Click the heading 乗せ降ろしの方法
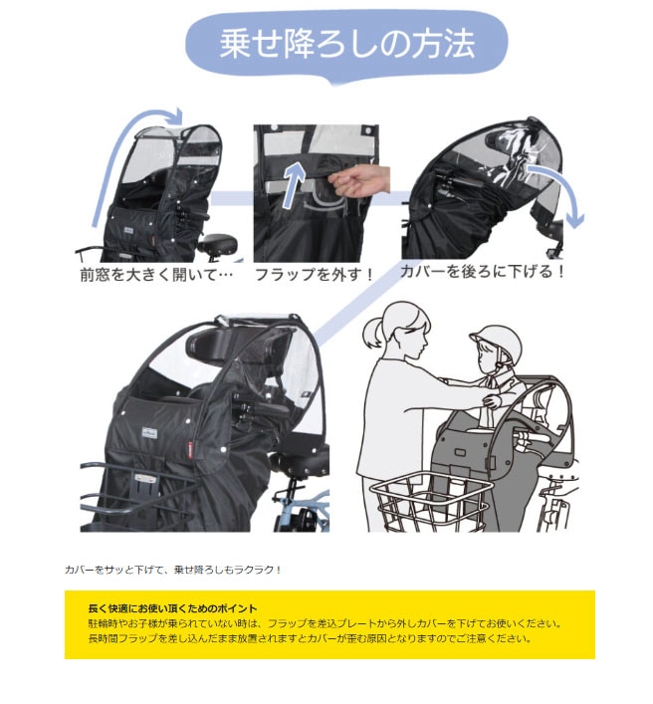(346, 44)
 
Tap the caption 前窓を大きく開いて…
(156, 274)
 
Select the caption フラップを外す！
(315, 274)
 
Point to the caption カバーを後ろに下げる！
(482, 271)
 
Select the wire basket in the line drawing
(432, 502)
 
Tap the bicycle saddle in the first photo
(217, 245)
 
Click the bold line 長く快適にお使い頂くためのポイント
(173, 608)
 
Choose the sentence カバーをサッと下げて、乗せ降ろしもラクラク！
(173, 570)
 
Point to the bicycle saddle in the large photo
(300, 462)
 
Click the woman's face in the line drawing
(414, 335)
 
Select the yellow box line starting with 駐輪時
(325, 623)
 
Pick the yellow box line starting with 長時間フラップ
(310, 638)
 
